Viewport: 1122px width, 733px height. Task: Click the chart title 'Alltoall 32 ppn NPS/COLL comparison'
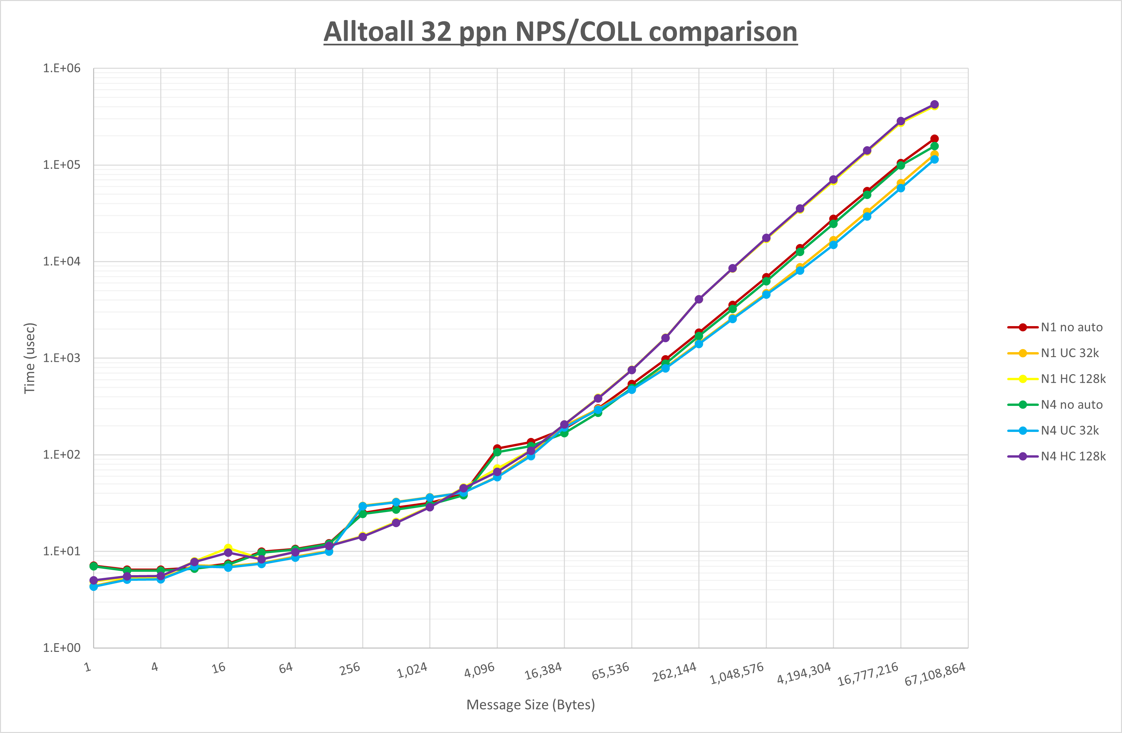(x=560, y=32)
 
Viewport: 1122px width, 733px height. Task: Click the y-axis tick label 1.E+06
(x=62, y=68)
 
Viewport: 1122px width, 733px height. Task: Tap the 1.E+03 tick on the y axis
(x=62, y=358)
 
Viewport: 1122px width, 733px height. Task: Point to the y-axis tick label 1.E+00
(x=62, y=648)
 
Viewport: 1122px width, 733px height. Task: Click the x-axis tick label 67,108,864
(x=935, y=674)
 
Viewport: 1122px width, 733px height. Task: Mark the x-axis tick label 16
(x=219, y=668)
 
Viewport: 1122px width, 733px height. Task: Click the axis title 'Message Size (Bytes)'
(x=530, y=705)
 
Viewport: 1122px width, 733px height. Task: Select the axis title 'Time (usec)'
(x=30, y=358)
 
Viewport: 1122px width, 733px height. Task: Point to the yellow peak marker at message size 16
(x=228, y=548)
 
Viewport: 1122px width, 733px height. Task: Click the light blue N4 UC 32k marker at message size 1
(x=94, y=587)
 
